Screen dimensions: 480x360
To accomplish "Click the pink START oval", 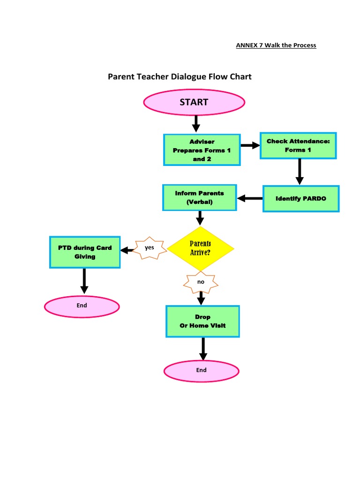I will click(x=194, y=102).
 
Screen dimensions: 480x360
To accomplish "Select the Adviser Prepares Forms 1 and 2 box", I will click(x=202, y=150).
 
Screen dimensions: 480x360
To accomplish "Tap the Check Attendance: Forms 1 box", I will click(x=299, y=145).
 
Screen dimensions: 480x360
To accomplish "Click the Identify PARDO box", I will click(x=300, y=199).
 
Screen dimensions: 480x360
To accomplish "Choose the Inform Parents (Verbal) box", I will click(x=200, y=197).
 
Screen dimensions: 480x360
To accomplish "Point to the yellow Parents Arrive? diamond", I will click(x=200, y=247).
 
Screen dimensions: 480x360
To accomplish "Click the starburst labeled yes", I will click(x=150, y=248).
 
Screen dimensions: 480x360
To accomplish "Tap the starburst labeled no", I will click(x=201, y=282).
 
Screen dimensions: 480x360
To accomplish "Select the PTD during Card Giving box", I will click(x=85, y=252).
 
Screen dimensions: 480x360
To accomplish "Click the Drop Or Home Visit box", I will click(x=202, y=321).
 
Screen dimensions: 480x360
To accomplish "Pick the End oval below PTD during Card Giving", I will click(x=82, y=307).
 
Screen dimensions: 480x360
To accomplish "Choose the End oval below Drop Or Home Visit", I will click(x=201, y=370).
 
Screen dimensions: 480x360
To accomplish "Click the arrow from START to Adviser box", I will click(x=196, y=123).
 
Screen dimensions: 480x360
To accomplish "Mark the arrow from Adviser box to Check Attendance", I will click(x=250, y=145).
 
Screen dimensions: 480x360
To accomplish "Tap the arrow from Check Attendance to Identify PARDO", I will click(x=300, y=172).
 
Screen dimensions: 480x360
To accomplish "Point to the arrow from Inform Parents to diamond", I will click(x=200, y=218).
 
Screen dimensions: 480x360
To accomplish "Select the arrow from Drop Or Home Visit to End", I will click(x=203, y=348).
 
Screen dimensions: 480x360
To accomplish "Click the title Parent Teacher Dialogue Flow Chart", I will click(x=180, y=76).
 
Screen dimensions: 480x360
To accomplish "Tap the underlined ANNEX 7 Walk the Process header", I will click(x=276, y=45).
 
